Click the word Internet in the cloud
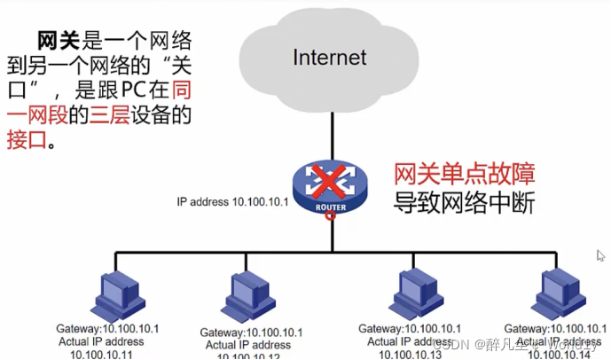[x=330, y=59]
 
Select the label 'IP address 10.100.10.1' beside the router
[x=233, y=202]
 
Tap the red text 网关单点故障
[x=464, y=171]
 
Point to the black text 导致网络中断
[x=464, y=202]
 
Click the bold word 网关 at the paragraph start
[x=59, y=42]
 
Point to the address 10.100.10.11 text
[x=100, y=354]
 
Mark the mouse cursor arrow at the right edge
[x=600, y=255]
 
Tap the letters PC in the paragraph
[x=134, y=91]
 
